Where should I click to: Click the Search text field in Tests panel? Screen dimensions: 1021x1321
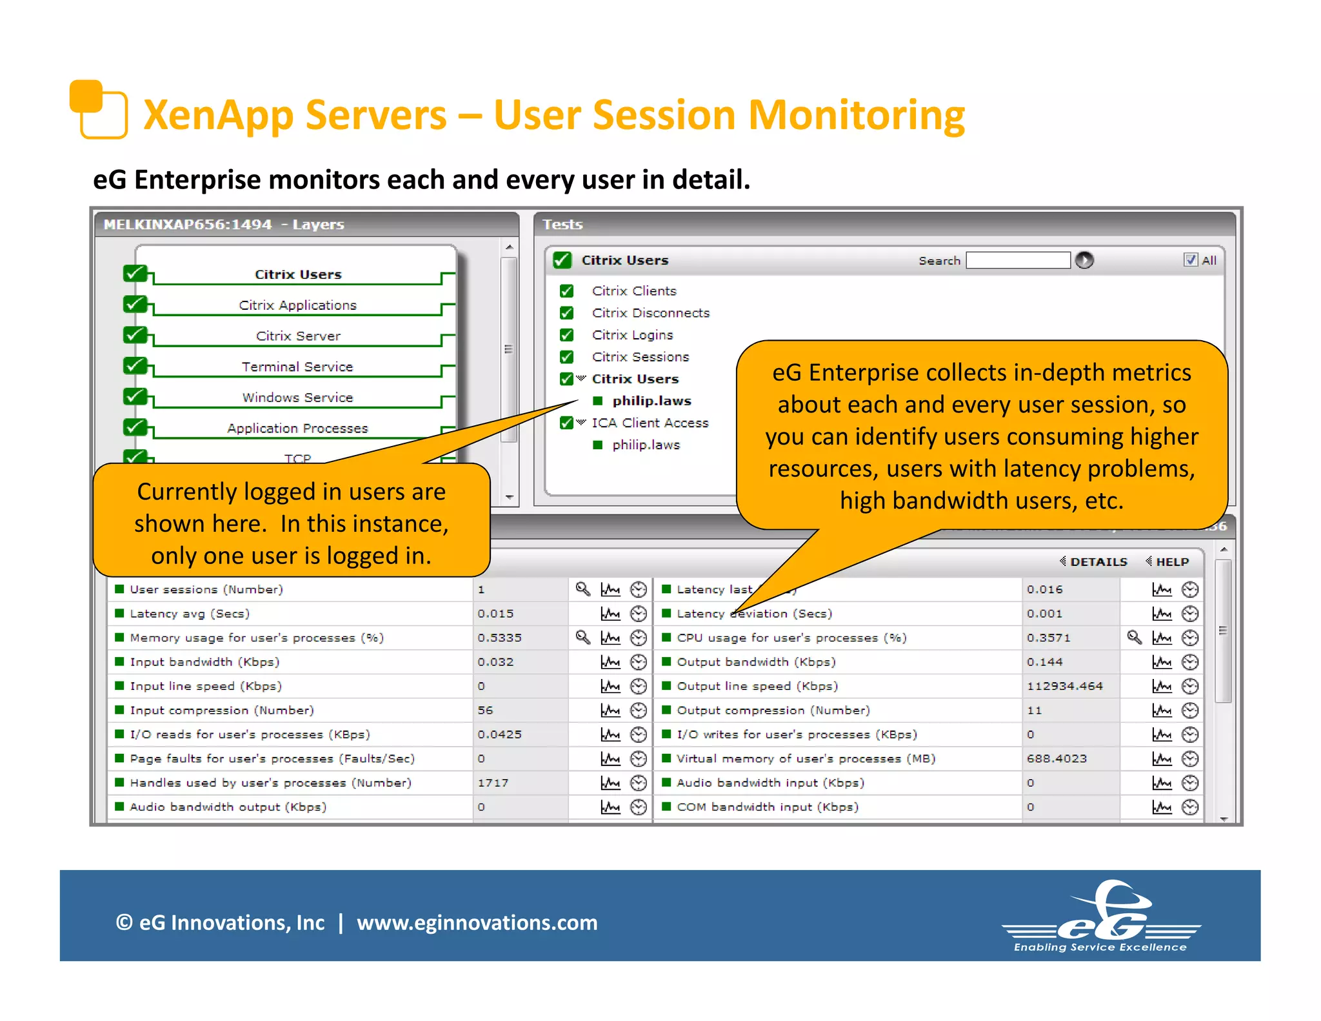[x=1018, y=260]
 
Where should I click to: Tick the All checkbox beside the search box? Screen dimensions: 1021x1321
[x=1191, y=259]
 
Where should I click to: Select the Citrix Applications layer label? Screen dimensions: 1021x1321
[x=297, y=305]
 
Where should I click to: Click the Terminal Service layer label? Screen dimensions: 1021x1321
[x=297, y=367]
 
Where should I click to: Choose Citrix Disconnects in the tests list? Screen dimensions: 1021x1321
[x=650, y=313]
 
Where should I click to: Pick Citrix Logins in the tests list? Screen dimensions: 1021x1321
[x=632, y=335]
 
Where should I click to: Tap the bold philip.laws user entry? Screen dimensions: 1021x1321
[x=651, y=401]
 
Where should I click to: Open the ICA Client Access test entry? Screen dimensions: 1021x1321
[x=650, y=423]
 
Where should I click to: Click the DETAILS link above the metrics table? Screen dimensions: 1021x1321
[x=1098, y=561]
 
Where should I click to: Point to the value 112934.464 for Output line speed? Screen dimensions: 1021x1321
[x=1065, y=686]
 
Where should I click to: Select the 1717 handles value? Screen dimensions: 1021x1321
[x=493, y=783]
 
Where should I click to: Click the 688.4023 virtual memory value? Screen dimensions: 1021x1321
[x=1057, y=758]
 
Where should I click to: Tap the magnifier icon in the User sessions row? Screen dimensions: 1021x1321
[x=582, y=589]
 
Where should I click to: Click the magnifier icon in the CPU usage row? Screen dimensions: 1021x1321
[x=1134, y=638]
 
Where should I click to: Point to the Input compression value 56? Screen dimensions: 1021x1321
[x=485, y=710]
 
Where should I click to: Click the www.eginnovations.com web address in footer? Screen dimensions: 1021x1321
[x=477, y=922]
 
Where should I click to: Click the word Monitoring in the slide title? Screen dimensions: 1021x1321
[x=856, y=115]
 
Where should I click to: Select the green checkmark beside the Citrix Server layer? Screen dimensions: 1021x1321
[x=135, y=335]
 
